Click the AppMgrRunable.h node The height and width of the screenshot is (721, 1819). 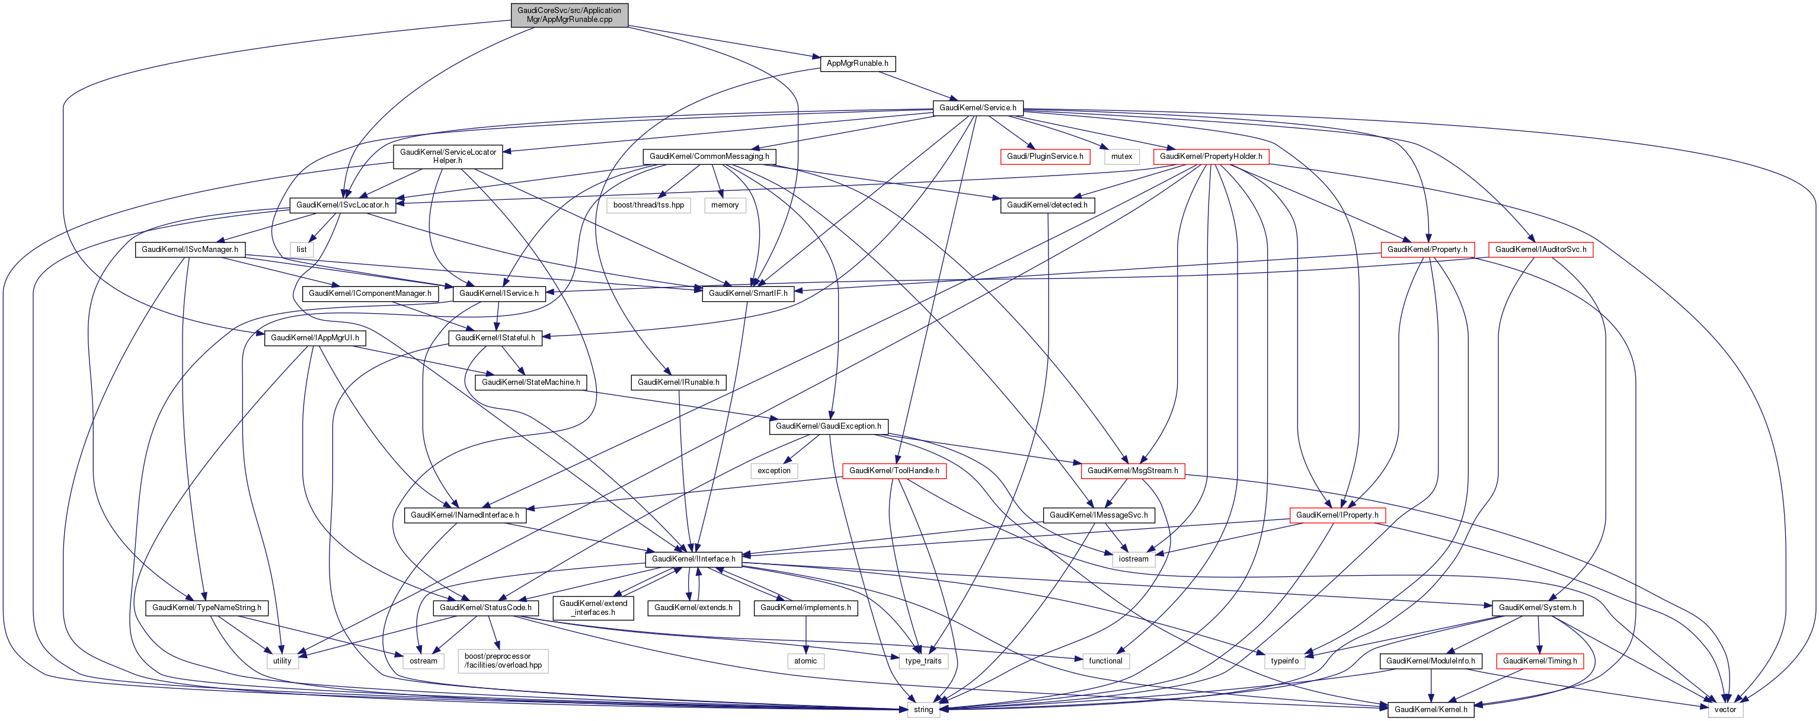[857, 63]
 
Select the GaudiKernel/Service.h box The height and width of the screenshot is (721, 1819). [977, 108]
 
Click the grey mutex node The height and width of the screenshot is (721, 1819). [1121, 157]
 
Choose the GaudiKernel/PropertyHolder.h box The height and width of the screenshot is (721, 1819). [1210, 157]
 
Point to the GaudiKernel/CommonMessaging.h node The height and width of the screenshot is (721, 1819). [709, 157]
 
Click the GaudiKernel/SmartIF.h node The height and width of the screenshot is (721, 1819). [748, 293]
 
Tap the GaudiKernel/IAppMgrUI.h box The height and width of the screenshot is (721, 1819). [315, 338]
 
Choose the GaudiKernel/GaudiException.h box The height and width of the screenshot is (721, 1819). [827, 426]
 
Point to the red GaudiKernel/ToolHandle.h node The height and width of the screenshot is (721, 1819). [893, 471]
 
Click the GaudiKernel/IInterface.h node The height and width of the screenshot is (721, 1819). [693, 559]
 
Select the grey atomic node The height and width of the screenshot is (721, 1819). [805, 662]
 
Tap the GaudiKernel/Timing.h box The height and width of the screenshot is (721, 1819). [1539, 662]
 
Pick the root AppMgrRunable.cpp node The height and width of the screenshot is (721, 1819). [569, 15]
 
